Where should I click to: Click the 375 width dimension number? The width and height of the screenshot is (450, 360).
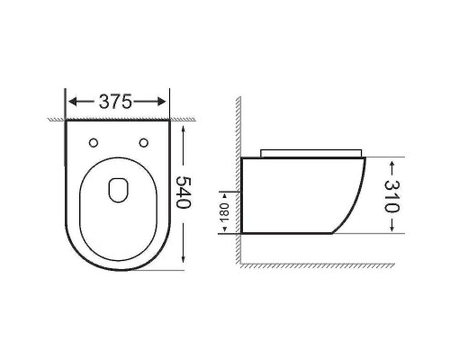click(119, 102)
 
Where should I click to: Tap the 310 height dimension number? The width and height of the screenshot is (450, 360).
click(392, 196)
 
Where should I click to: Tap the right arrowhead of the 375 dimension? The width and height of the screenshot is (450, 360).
click(165, 102)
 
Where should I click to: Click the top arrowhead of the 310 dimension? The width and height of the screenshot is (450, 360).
click(392, 162)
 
